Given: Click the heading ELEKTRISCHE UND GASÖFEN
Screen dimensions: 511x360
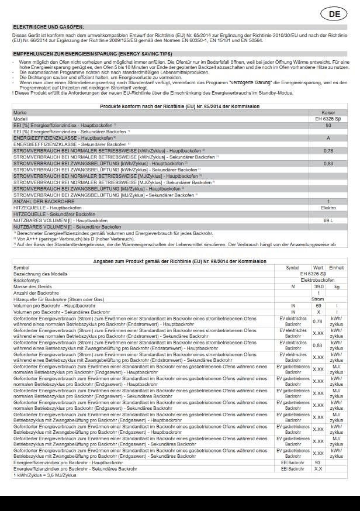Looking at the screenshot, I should (x=49, y=27).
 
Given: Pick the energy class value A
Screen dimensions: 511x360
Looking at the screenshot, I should (x=328, y=138).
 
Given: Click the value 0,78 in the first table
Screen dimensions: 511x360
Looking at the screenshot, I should (x=328, y=151).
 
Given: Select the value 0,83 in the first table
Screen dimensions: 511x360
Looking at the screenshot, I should (x=328, y=164).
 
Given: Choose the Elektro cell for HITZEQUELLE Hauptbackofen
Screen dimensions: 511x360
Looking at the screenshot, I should (x=328, y=208).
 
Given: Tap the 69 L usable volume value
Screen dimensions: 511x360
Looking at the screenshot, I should (x=328, y=220).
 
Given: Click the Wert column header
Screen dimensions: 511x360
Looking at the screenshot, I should (x=318, y=268).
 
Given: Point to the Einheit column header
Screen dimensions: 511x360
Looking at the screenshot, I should (x=337, y=268).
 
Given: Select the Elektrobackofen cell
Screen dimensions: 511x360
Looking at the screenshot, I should (x=318, y=281).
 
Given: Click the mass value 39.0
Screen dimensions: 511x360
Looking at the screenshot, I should (x=319, y=287).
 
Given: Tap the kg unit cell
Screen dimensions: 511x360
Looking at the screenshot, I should (x=337, y=287).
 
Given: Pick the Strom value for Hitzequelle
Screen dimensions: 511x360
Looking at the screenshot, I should (x=319, y=299).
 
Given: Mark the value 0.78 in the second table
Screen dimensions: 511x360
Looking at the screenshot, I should (x=317, y=321).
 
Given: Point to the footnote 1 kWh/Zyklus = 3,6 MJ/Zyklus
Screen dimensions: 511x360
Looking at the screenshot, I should (x=45, y=475).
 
